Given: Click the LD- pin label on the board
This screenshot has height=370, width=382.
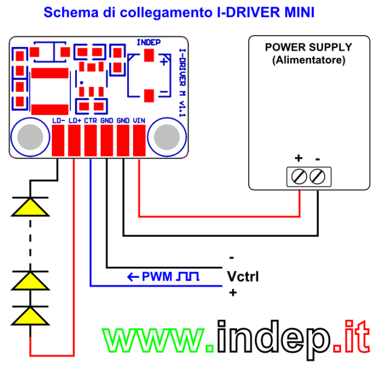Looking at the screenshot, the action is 58,121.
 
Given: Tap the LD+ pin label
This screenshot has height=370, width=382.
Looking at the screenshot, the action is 75,121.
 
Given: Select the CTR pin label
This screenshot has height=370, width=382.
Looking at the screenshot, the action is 91,121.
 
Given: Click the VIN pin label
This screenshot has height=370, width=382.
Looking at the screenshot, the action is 139,121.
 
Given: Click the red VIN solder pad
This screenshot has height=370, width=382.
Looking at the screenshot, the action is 139,141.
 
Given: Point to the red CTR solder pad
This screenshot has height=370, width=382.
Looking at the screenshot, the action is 91,141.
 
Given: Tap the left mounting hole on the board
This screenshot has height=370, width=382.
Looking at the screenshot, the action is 30,137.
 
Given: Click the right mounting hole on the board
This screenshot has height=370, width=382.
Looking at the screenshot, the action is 167,137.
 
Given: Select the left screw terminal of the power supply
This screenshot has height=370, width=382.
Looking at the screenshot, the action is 299,176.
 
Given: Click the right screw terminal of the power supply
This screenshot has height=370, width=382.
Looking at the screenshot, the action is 317,176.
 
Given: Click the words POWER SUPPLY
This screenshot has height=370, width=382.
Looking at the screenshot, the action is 309,47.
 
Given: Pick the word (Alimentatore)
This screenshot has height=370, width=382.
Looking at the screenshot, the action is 309,60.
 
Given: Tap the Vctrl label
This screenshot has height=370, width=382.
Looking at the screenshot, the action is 243,276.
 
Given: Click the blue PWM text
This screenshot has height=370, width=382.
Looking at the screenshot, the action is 157,276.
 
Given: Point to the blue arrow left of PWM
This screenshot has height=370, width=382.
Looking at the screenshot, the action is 133,277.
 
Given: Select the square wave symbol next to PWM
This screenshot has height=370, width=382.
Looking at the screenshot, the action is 187,276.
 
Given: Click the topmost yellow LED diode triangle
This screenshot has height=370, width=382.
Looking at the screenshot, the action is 30,207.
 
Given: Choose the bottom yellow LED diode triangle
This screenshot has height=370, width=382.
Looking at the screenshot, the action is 30,316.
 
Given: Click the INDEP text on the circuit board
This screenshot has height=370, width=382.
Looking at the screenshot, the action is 149,42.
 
